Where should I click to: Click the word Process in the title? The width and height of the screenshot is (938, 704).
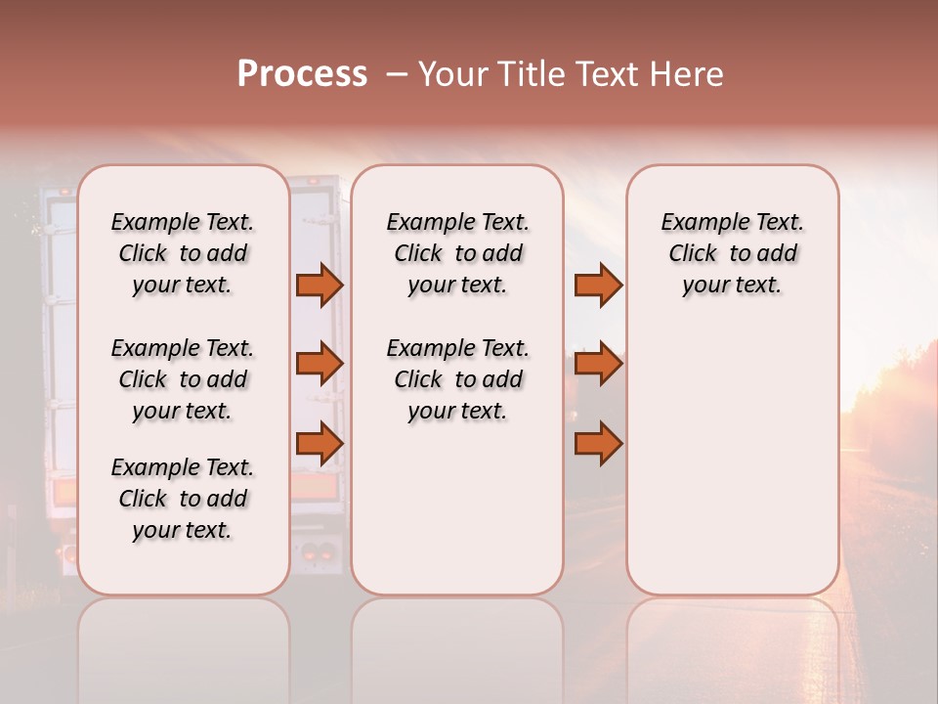point(302,74)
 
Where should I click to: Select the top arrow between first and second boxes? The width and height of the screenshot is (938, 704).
point(320,286)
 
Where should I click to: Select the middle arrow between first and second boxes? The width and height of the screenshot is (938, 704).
point(320,365)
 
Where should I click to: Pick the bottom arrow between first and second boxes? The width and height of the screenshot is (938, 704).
point(320,444)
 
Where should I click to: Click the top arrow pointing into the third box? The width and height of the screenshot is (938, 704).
point(598,286)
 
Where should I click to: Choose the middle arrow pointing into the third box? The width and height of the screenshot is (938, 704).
point(598,365)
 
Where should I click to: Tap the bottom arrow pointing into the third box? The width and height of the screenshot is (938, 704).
point(598,444)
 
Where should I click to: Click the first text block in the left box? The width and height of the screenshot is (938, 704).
point(183,253)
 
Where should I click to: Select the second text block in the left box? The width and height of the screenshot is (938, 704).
point(183,379)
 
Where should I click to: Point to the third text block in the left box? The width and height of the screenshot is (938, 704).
point(183,499)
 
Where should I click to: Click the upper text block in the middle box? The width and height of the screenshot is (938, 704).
point(457,253)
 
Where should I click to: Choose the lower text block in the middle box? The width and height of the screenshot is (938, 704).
point(457,379)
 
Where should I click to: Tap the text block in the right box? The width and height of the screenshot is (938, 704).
point(732,253)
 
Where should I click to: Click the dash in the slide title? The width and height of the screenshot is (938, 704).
point(397,75)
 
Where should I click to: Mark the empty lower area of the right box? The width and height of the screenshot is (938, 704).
point(732,460)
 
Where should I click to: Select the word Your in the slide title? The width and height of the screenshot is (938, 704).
point(450,74)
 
